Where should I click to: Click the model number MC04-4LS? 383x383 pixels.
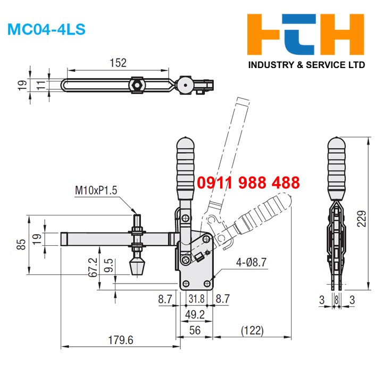tap(46, 29)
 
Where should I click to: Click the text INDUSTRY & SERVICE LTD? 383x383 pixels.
tap(307, 65)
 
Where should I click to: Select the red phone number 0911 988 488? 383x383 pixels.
tap(248, 183)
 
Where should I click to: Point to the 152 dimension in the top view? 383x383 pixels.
tap(119, 63)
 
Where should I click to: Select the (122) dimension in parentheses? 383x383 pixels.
tap(252, 330)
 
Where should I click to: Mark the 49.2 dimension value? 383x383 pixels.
tap(195, 315)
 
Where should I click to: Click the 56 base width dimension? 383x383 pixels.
tap(195, 330)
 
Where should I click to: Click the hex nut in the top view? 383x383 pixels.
tap(137, 85)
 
